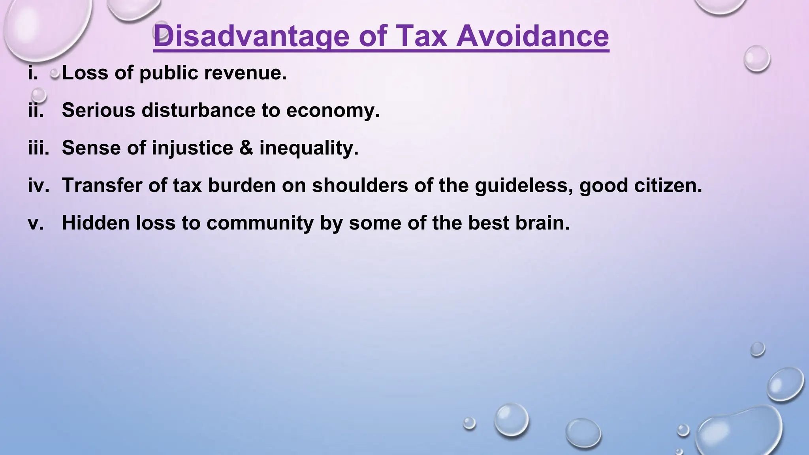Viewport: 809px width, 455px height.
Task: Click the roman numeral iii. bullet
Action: coord(38,148)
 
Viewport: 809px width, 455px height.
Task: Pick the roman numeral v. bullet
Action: coord(36,223)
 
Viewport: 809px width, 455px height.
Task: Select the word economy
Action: coord(333,110)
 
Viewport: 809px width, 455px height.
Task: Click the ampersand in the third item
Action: coord(246,148)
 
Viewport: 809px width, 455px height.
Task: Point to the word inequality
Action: coord(309,148)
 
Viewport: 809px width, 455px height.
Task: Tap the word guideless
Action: coord(524,185)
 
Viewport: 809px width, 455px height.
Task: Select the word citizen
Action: coord(668,185)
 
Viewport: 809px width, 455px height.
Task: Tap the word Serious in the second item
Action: coord(98,110)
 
